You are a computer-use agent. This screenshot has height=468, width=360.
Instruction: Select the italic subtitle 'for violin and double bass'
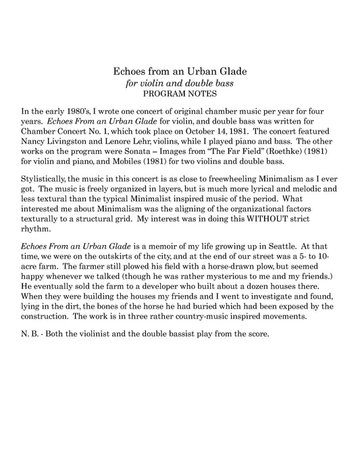pyautogui.click(x=180, y=84)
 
